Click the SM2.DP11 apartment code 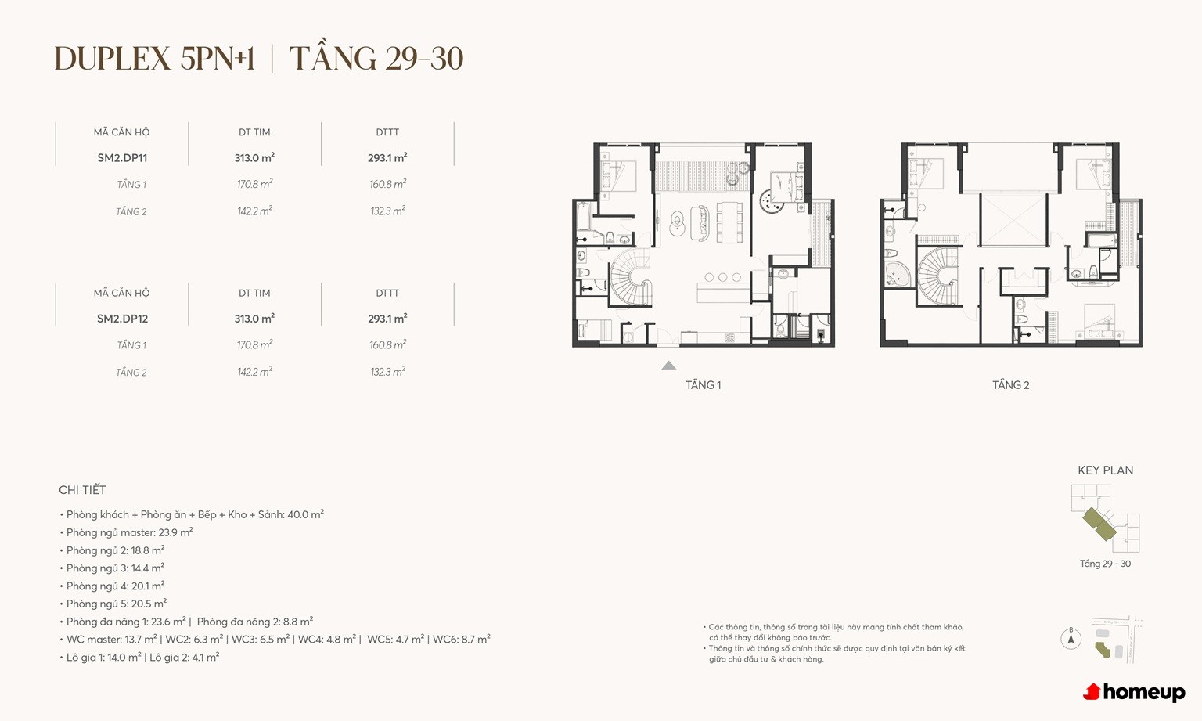122,158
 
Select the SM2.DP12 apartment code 122,319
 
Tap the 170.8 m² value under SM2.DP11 255,184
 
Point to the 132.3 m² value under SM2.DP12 387,372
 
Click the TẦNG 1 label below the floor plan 703,384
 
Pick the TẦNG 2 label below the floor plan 1010,384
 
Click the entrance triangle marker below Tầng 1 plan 668,366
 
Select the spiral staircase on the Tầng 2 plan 938,276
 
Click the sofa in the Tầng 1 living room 699,223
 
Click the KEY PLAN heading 1106,470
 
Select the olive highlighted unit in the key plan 1099,524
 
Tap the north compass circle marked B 1071,639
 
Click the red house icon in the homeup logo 1092,692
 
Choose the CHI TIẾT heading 82,489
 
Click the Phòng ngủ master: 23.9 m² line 129,532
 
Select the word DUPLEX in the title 113,59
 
